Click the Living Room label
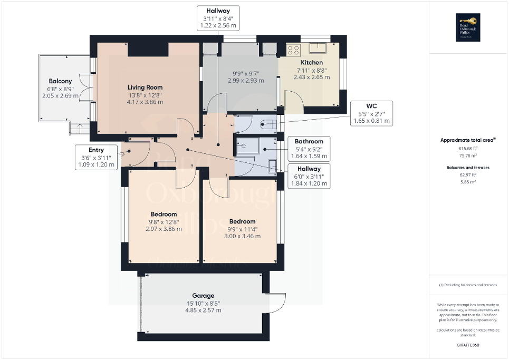[x=145, y=87]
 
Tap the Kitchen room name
[x=311, y=63]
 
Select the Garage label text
[x=203, y=296]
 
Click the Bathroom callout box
[x=309, y=149]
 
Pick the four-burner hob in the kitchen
[x=293, y=50]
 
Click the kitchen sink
[x=319, y=48]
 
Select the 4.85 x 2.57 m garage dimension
[x=203, y=310]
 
